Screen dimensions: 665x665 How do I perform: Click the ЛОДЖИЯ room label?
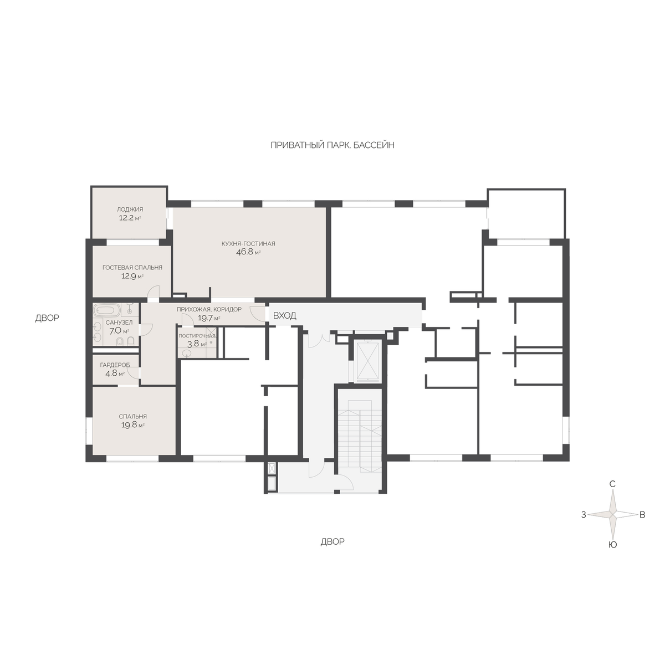130,209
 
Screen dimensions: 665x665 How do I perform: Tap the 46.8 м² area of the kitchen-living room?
248,252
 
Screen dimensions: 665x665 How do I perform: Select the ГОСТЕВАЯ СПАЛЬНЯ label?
132,268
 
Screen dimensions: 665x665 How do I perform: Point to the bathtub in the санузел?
106,309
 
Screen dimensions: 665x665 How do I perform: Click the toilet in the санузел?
130,341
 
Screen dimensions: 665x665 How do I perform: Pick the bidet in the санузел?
120,341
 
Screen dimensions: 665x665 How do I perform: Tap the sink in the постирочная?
187,352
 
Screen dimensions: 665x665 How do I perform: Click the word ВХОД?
285,315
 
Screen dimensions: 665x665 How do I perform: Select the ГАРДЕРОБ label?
115,365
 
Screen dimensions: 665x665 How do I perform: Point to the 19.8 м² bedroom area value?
133,425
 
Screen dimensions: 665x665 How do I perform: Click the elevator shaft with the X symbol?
367,362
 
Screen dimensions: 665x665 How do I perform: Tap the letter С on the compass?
612,484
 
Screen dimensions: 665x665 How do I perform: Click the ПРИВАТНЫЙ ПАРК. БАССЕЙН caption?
332,145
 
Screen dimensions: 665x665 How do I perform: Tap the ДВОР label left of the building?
47,318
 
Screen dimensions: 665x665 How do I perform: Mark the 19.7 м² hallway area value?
209,318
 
